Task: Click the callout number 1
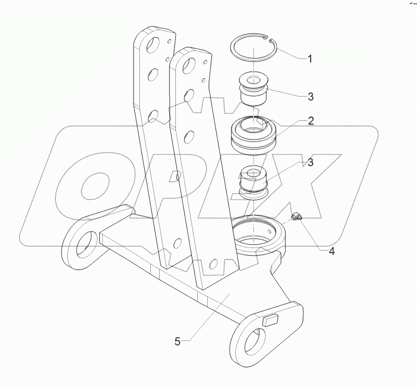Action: (309, 59)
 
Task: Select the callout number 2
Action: (310, 121)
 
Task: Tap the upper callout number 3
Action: (310, 97)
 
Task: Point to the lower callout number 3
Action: (310, 162)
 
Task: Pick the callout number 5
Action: (178, 342)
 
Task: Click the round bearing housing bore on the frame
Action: (259, 235)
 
